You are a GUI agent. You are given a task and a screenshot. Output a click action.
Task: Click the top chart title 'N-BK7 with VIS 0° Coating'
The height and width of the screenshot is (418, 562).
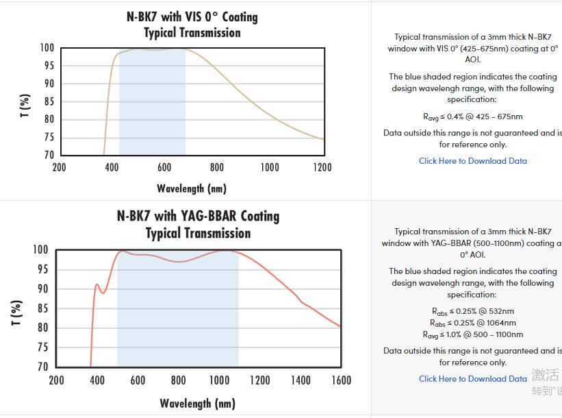tap(192, 16)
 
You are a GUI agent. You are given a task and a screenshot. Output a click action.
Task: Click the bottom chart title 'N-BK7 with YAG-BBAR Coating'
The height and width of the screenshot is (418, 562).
tap(198, 216)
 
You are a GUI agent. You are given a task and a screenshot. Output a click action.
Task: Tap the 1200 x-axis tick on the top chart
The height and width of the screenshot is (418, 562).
tap(322, 167)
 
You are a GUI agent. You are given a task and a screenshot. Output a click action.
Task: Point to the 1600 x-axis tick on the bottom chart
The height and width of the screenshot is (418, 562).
tap(340, 380)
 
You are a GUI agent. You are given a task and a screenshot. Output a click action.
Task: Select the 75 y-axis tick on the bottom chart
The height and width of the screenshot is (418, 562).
tap(42, 347)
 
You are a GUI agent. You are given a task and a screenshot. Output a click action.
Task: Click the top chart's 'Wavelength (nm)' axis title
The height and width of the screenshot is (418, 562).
tap(192, 188)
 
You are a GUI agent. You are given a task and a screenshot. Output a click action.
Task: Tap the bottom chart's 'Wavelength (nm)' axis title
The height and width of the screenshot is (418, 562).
tap(198, 403)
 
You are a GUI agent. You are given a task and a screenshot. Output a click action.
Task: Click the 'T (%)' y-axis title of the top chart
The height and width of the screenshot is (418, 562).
tap(25, 106)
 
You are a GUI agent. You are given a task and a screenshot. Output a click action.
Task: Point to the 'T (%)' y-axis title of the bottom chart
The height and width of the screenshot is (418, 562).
tap(18, 312)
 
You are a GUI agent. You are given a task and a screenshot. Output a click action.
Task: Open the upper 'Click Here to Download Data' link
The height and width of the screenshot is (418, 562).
tap(473, 161)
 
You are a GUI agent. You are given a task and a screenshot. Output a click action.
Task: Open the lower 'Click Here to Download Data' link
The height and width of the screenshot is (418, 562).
tap(473, 378)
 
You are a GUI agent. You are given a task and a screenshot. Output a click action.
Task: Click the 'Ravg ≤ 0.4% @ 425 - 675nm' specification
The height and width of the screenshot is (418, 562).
tap(473, 116)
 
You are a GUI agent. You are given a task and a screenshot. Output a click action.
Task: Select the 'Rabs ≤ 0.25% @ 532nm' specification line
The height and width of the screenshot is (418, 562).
tap(473, 311)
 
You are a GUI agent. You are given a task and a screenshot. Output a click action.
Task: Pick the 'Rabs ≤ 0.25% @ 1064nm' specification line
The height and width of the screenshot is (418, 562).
tap(473, 323)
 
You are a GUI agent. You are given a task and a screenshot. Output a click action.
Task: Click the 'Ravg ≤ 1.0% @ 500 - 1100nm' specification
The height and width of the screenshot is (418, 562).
tap(473, 334)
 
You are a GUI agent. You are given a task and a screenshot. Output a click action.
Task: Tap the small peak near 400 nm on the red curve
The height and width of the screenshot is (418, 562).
tap(97, 284)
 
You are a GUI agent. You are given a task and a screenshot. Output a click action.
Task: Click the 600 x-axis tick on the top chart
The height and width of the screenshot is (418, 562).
tap(164, 167)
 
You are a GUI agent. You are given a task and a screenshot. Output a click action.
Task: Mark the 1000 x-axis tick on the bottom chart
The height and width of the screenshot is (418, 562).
tap(219, 380)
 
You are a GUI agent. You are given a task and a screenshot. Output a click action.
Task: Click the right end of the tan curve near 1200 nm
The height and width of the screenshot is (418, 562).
tap(323, 139)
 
